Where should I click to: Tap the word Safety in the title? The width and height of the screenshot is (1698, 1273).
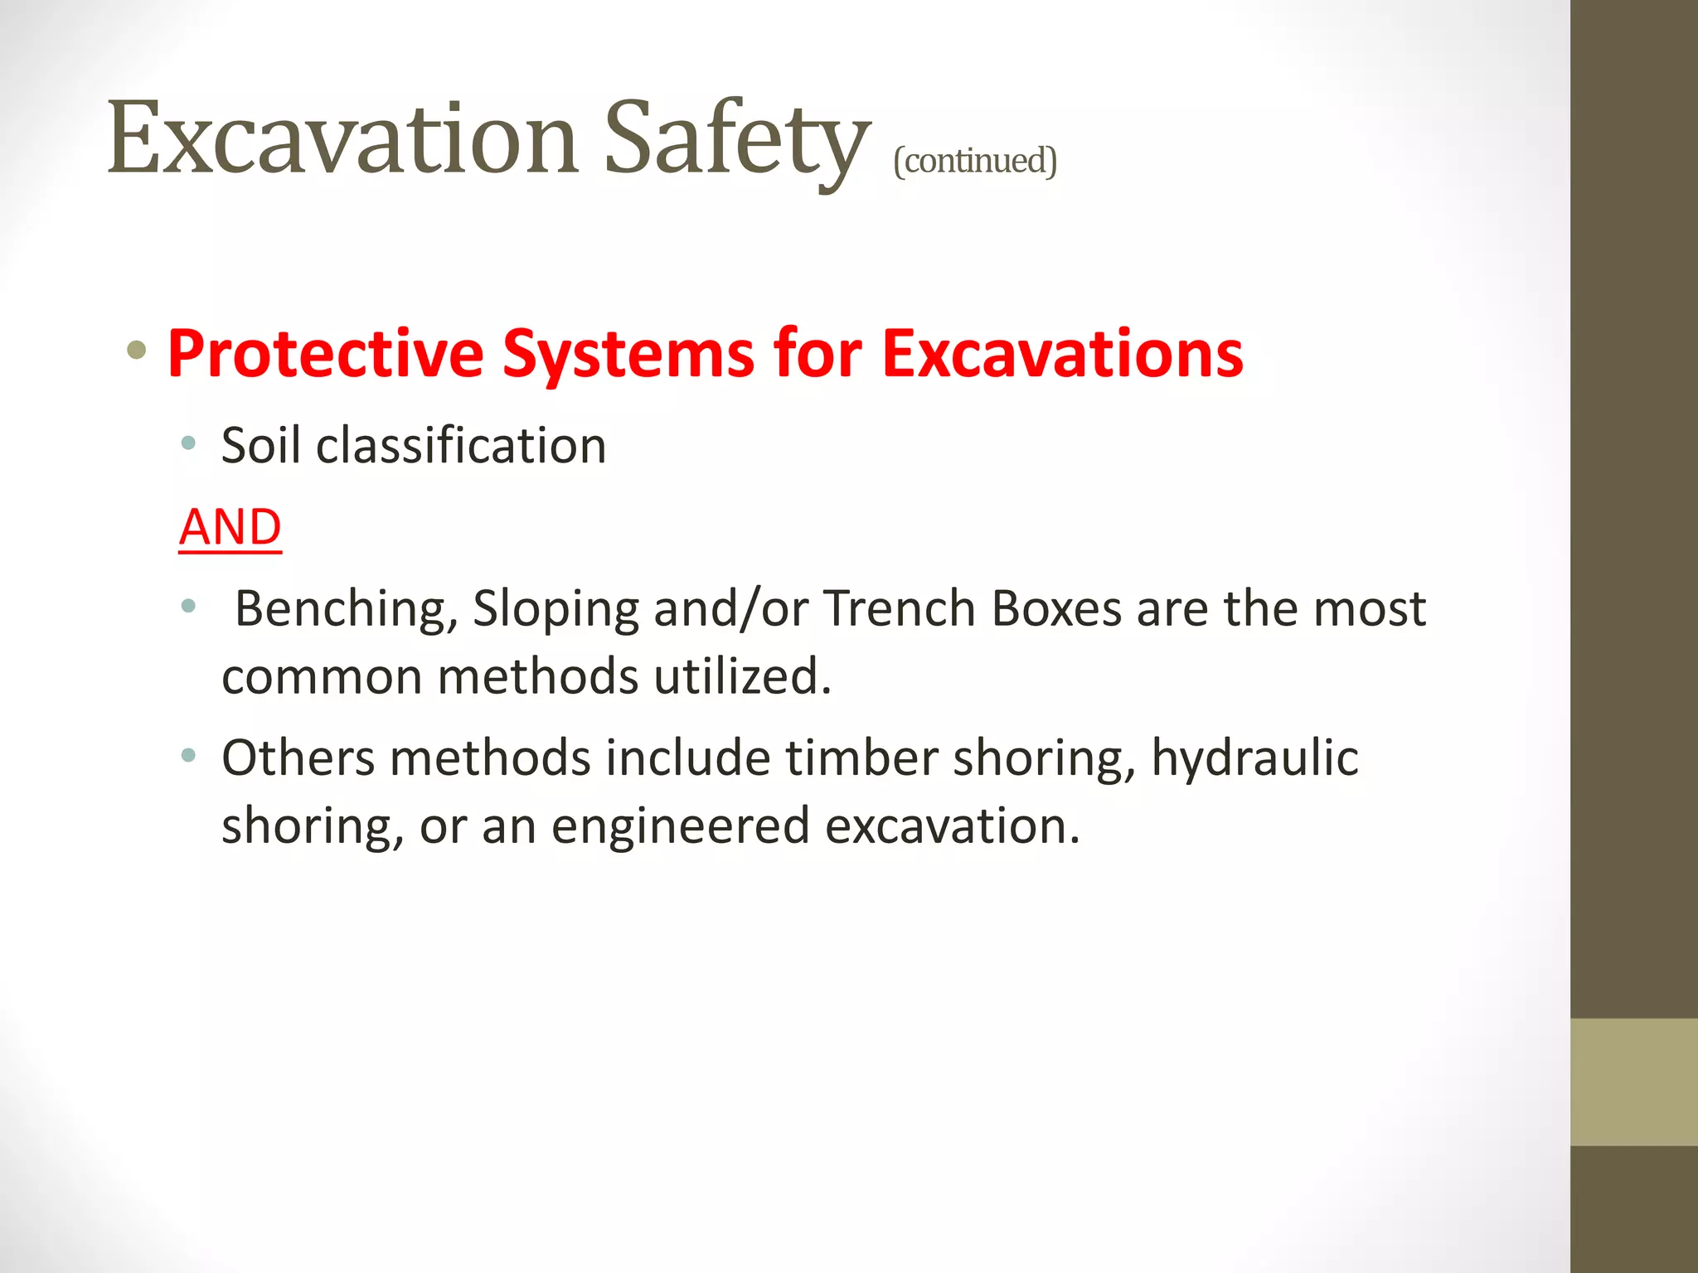click(736, 138)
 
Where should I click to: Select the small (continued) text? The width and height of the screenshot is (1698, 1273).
click(974, 160)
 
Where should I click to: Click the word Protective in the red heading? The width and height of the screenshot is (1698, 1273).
click(325, 354)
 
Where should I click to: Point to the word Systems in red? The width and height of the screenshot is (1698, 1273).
click(628, 354)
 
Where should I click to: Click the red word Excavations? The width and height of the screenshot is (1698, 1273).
click(1062, 354)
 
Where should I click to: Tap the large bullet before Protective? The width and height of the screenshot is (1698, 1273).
click(137, 351)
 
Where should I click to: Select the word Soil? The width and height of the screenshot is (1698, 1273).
click(260, 446)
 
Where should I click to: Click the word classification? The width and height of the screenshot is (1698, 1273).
click(461, 446)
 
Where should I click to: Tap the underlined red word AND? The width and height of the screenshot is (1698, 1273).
click(230, 527)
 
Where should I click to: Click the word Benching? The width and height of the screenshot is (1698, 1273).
click(346, 610)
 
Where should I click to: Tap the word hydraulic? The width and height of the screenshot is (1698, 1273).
click(1254, 759)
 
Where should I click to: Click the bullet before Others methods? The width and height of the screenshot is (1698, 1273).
click(188, 755)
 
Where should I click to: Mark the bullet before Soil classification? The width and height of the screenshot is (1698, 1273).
click(188, 443)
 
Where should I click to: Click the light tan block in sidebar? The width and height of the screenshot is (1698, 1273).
click(1633, 1082)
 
